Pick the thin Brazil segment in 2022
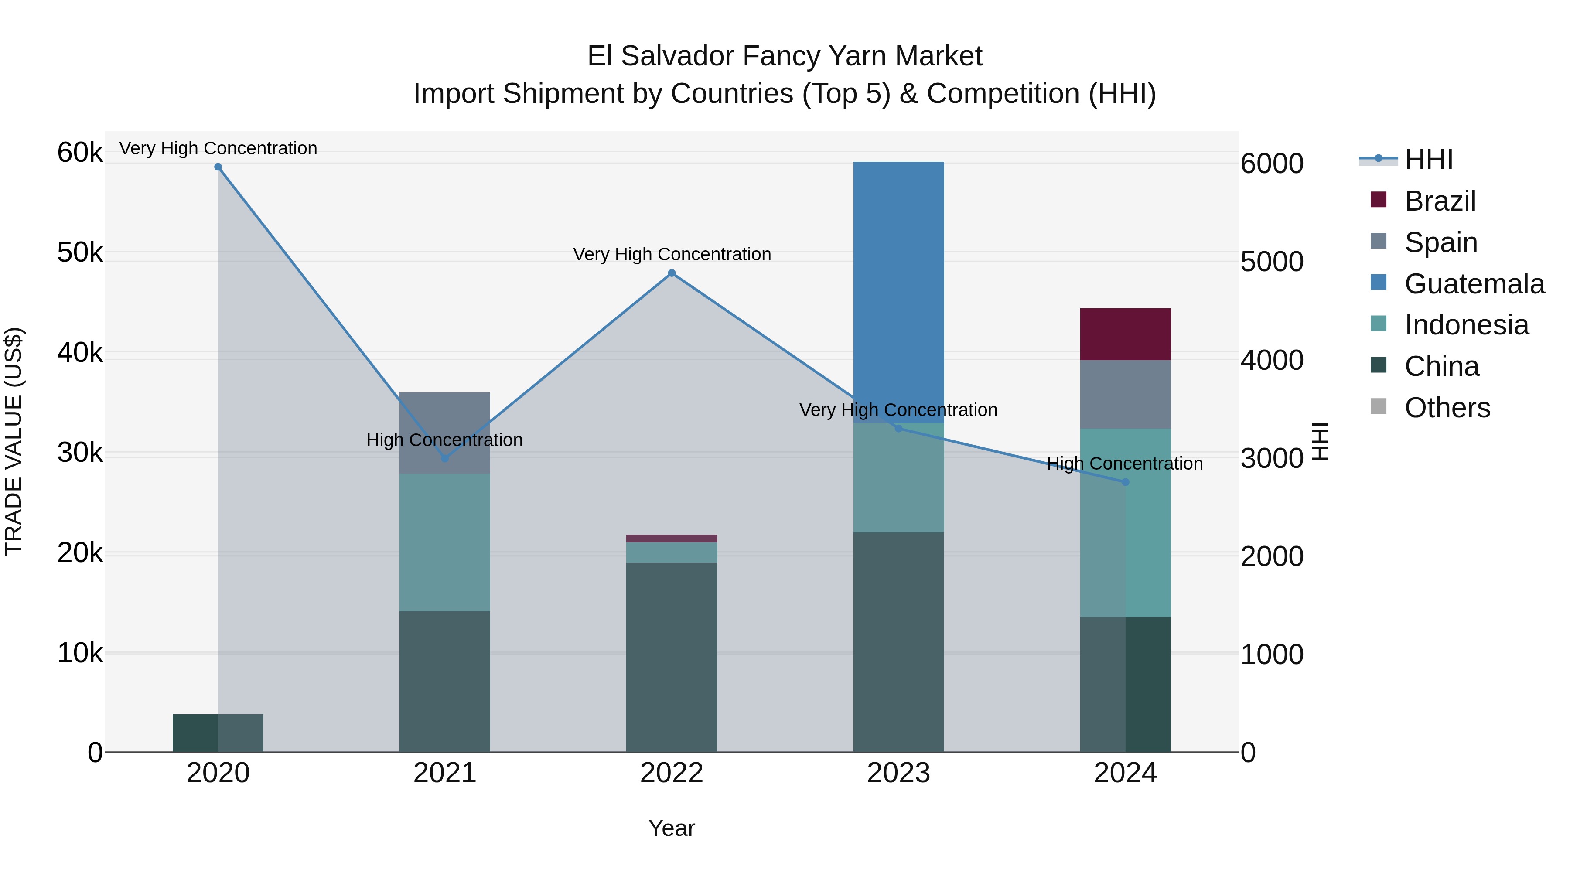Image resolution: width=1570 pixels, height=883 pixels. coord(671,538)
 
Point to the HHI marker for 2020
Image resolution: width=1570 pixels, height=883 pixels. coord(218,167)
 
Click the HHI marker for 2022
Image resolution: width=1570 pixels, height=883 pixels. coord(671,273)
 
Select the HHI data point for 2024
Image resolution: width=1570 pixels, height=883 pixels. coord(1125,482)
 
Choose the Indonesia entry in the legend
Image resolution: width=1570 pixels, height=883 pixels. coord(1466,325)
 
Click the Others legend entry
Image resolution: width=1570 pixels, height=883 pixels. coord(1447,408)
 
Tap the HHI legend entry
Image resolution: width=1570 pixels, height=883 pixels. coord(1428,160)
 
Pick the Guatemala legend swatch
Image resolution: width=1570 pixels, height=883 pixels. coord(1378,283)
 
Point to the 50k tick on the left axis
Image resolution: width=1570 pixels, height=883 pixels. coord(80,252)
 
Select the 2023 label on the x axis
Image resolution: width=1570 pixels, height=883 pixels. coord(898,773)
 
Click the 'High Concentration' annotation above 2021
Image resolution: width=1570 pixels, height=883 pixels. coord(444,440)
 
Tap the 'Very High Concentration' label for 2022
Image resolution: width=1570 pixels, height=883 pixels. coord(672,254)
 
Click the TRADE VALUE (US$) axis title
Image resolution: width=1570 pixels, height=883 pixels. coord(14,441)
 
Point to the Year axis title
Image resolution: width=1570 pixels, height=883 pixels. coord(671,828)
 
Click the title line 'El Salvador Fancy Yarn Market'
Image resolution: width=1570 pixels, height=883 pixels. coord(785,56)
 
